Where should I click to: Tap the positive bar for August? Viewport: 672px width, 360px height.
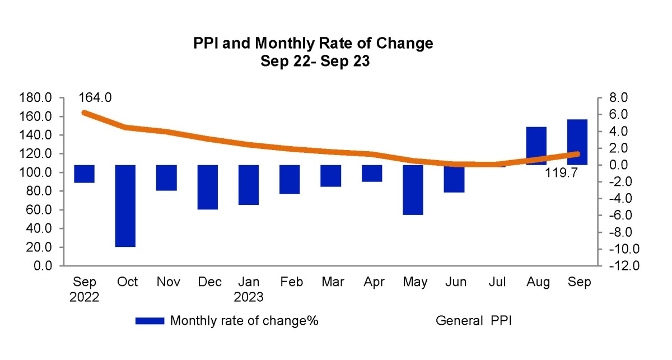(536, 146)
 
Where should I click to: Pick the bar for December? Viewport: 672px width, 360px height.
(208, 187)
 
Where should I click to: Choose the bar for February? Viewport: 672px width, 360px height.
(290, 179)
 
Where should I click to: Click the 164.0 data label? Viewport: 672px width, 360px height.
(95, 97)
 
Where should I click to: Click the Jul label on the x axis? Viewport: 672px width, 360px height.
(497, 282)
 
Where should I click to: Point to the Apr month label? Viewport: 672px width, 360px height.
(374, 282)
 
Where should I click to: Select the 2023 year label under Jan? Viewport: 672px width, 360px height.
(249, 297)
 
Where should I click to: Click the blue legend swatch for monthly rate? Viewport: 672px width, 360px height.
(150, 321)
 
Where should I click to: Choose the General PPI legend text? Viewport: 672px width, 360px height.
(474, 321)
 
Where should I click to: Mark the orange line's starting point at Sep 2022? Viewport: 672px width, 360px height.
(85, 113)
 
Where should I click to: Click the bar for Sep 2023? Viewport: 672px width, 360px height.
(577, 142)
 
